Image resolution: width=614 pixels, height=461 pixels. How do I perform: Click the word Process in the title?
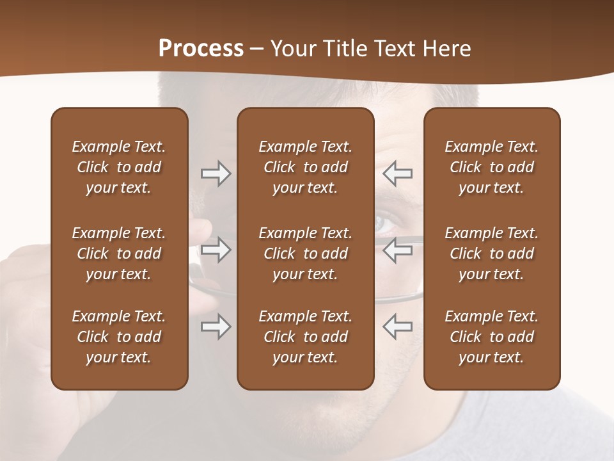pos(201,49)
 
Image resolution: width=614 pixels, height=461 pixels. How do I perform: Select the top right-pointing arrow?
pos(216,174)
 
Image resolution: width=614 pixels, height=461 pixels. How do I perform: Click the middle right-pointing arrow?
pos(216,250)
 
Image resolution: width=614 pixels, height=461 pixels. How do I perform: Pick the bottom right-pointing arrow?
pos(216,327)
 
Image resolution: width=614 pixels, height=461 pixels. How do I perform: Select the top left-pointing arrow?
pos(397,174)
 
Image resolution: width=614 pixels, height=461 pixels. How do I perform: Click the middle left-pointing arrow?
pos(397,250)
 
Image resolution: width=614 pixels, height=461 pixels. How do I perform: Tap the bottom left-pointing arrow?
pos(397,327)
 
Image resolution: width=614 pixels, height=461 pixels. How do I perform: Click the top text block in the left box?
pos(119,167)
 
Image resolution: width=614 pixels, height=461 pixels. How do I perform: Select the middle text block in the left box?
pos(119,254)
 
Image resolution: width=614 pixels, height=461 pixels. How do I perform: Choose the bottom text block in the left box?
pos(119,337)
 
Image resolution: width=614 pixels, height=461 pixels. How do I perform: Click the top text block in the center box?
pos(305,167)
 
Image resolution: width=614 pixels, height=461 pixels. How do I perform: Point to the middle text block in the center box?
pos(305,254)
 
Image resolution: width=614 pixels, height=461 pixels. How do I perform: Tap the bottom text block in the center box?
pos(305,337)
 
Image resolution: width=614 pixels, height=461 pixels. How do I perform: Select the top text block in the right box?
pos(491,167)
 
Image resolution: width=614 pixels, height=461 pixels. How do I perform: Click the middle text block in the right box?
pos(491,254)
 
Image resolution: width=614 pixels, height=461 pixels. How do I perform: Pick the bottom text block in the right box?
pos(491,337)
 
